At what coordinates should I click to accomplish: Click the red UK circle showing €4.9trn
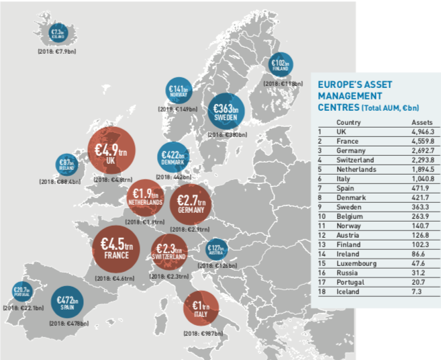click(x=112, y=150)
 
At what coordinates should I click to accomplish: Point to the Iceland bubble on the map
click(x=56, y=32)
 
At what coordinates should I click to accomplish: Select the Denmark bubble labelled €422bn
click(x=173, y=158)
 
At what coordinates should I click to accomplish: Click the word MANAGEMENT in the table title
click(x=346, y=96)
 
